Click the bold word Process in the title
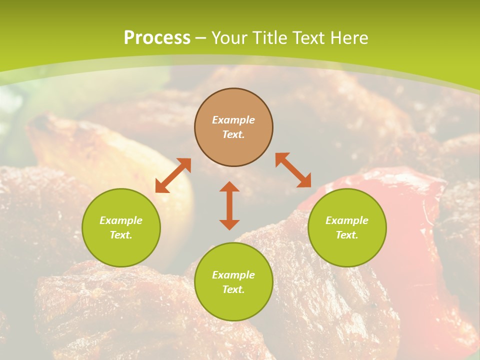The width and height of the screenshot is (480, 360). (157, 38)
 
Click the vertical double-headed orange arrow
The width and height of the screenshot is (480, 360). (229, 205)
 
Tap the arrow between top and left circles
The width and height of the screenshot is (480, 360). (173, 175)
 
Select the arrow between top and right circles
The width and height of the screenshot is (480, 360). (293, 170)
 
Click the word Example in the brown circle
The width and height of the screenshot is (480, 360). (233, 120)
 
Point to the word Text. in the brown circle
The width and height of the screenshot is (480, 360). (233, 134)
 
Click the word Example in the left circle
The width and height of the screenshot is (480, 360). (121, 220)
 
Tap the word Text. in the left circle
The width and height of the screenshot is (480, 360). (121, 235)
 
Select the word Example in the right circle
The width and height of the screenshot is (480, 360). (347, 220)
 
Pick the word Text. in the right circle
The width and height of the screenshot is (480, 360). (347, 235)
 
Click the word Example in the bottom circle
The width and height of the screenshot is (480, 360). (233, 275)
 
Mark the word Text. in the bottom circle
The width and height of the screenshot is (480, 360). (233, 289)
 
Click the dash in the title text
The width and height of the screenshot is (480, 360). (201, 38)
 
